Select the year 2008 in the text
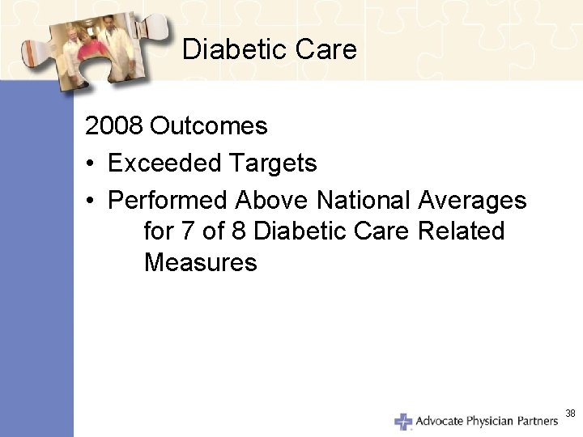(114, 126)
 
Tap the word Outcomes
(209, 126)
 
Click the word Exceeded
(164, 163)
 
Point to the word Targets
(272, 163)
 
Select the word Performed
(168, 200)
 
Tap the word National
(364, 200)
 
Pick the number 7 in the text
(188, 231)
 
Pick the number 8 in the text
(239, 231)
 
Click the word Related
(461, 231)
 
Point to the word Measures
(200, 262)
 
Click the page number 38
(570, 414)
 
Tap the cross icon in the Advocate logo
(403, 421)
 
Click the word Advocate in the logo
(439, 421)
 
